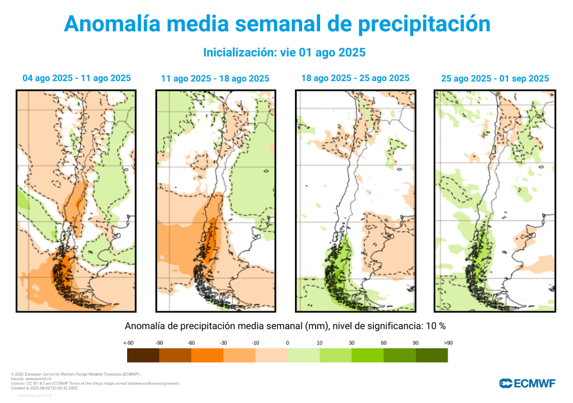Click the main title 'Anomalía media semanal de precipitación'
click(x=278, y=24)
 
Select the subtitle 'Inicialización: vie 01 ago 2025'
click(x=284, y=53)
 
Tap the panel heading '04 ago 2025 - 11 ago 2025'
click(x=77, y=78)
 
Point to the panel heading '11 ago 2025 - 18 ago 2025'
click(x=215, y=79)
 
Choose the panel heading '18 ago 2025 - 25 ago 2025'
click(x=355, y=78)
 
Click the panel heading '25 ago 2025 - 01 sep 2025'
click(x=495, y=79)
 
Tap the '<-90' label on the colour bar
click(x=128, y=343)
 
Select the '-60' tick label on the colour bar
click(x=191, y=343)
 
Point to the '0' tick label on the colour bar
click(x=287, y=343)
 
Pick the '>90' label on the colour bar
click(x=448, y=343)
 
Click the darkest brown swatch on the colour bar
click(x=143, y=355)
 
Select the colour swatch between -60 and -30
click(x=207, y=355)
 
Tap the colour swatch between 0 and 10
click(x=303, y=355)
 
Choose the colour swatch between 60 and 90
click(x=400, y=355)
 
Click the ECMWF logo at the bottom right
click(x=527, y=383)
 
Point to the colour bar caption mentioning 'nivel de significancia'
click(x=285, y=326)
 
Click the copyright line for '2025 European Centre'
click(x=74, y=374)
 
